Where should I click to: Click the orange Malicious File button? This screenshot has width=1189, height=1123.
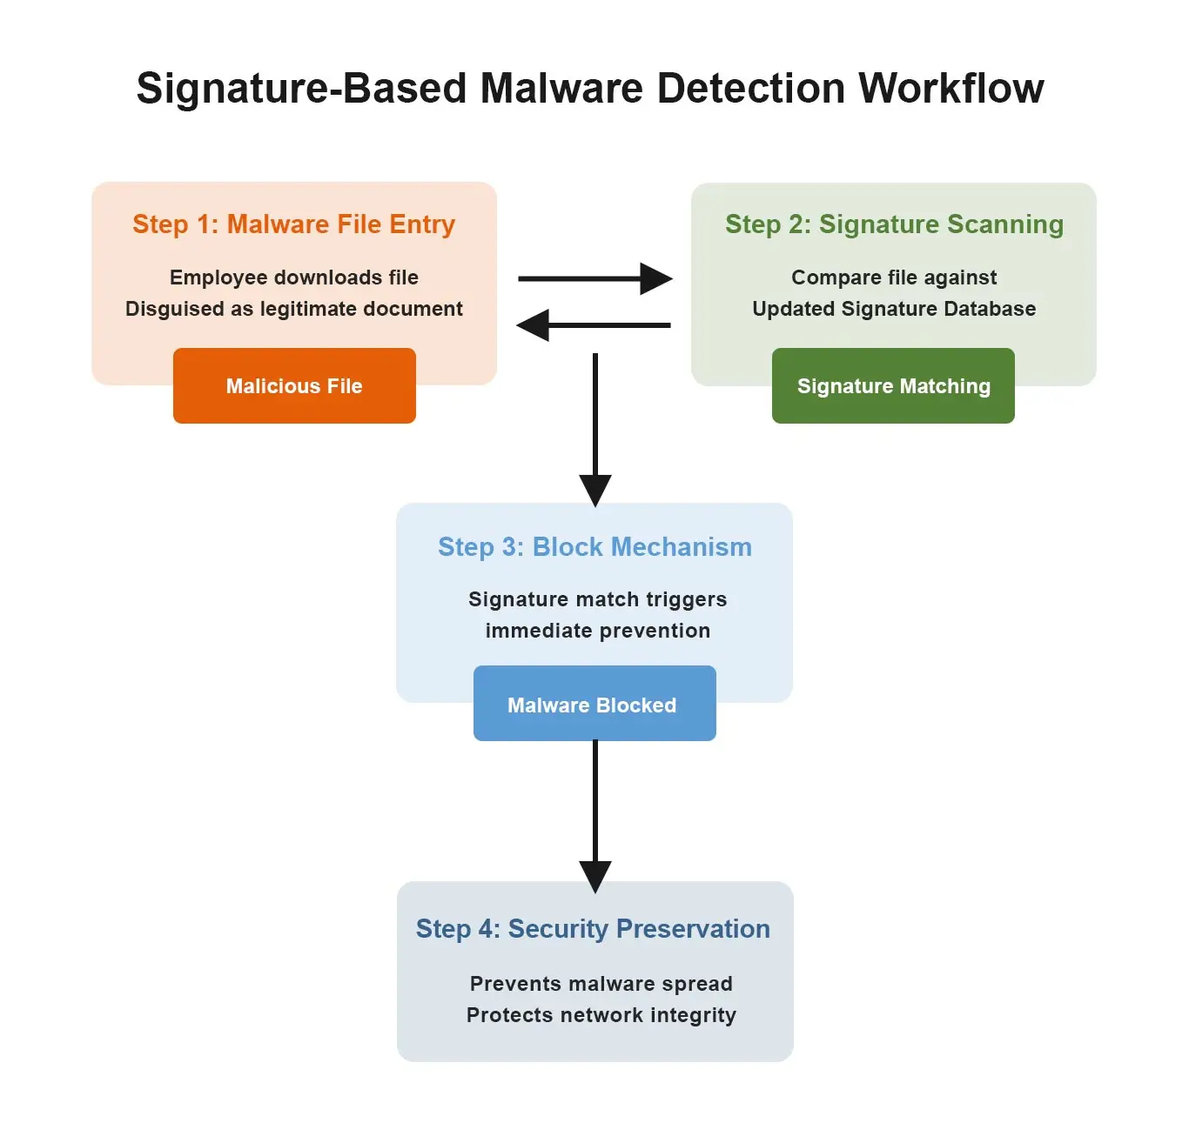(x=294, y=386)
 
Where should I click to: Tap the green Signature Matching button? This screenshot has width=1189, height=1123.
(x=893, y=386)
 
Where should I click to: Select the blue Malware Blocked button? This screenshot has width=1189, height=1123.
(x=594, y=705)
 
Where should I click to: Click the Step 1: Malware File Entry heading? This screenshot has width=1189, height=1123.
(x=293, y=224)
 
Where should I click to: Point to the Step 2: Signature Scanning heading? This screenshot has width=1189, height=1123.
(x=894, y=224)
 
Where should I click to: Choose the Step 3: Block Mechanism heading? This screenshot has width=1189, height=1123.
(x=594, y=547)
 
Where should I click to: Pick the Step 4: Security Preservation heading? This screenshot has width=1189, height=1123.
(x=593, y=929)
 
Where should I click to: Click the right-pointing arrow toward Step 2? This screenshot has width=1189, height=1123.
(x=594, y=278)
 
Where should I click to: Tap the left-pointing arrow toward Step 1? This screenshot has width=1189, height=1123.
(x=594, y=325)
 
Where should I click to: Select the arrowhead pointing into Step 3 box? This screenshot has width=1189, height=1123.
(x=594, y=489)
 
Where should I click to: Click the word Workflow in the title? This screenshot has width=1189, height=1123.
(x=951, y=88)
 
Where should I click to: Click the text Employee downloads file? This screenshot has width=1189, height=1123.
(x=294, y=277)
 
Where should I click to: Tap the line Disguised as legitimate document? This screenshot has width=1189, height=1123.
(x=294, y=309)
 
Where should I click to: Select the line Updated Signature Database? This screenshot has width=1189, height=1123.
(x=894, y=309)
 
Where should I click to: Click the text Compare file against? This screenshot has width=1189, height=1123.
(x=894, y=277)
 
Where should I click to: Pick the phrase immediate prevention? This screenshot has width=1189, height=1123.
(x=598, y=631)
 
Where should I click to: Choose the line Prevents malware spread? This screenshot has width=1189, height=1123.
(x=601, y=984)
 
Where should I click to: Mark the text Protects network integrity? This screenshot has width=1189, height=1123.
(x=601, y=1015)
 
